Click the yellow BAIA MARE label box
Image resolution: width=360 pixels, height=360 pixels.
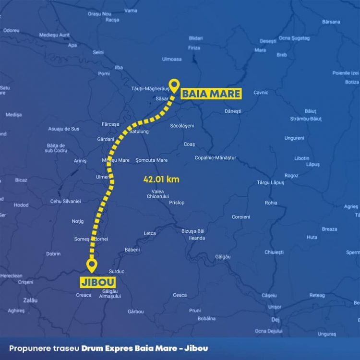click(x=210, y=94)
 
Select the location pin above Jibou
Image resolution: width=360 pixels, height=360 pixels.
click(x=91, y=264)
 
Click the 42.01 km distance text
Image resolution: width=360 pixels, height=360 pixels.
click(x=161, y=180)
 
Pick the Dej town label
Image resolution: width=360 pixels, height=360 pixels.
click(x=275, y=319)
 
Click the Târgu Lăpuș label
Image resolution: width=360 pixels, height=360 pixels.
click(x=271, y=182)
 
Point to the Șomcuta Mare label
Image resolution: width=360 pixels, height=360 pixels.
click(x=152, y=160)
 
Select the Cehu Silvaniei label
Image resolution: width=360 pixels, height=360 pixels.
click(x=66, y=201)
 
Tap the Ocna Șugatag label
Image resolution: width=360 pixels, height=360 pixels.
click(x=294, y=38)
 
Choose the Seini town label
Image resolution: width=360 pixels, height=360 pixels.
click(x=98, y=52)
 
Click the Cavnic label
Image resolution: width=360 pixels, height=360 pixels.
click(x=261, y=93)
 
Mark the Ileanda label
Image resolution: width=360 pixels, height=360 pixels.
click(x=197, y=238)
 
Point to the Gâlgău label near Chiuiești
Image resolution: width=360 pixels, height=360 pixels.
click(x=223, y=257)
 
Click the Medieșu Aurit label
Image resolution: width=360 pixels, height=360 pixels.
click(x=54, y=35)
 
